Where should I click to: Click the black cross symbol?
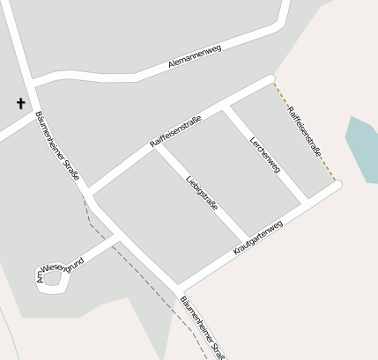20,104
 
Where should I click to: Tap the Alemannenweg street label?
194,58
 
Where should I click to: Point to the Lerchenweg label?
264,154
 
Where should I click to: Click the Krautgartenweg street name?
258,239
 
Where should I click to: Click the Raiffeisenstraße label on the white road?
176,131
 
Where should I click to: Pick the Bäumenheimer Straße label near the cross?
58,145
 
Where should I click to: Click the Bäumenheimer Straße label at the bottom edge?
202,328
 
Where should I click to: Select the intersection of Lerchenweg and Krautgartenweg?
305,203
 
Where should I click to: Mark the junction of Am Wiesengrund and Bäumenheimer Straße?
120,237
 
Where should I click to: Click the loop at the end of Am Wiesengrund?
51,280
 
